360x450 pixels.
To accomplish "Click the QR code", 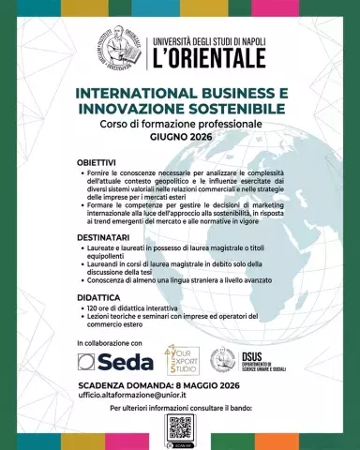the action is point(180,428).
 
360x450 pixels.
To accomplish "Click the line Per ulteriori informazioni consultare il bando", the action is point(179,410).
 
